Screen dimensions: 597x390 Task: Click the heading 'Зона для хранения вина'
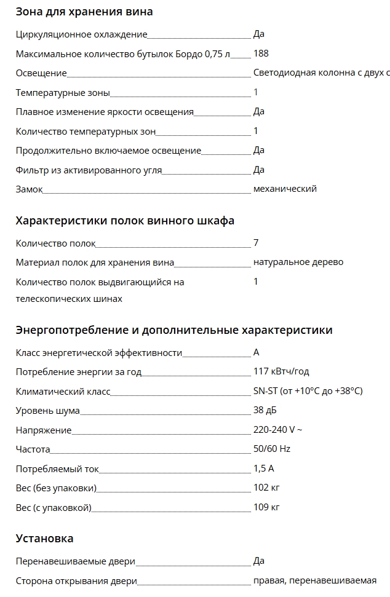(84, 12)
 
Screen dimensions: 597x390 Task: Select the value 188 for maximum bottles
(261, 53)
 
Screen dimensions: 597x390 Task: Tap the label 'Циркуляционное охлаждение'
(81, 34)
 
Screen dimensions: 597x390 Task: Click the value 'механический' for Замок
(285, 189)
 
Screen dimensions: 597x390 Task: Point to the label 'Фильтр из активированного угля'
(89, 170)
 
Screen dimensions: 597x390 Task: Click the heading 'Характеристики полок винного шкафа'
(125, 221)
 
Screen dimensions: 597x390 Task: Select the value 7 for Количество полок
(256, 243)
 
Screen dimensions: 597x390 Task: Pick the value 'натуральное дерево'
(298, 262)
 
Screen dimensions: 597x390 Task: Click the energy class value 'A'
(256, 352)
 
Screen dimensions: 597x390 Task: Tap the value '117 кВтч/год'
(281, 371)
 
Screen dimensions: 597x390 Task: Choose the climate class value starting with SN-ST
(308, 391)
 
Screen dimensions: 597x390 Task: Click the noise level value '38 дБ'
(266, 411)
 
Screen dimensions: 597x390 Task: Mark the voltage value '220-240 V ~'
(277, 430)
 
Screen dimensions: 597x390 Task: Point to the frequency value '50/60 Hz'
(272, 449)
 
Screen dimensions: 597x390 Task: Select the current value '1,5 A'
(263, 469)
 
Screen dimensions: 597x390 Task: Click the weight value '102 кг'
(266, 488)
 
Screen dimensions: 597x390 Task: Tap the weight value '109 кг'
(266, 507)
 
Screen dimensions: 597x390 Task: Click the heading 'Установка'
(44, 539)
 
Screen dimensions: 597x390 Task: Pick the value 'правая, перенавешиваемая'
(314, 580)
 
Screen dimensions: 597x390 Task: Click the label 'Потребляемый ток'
(57, 469)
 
